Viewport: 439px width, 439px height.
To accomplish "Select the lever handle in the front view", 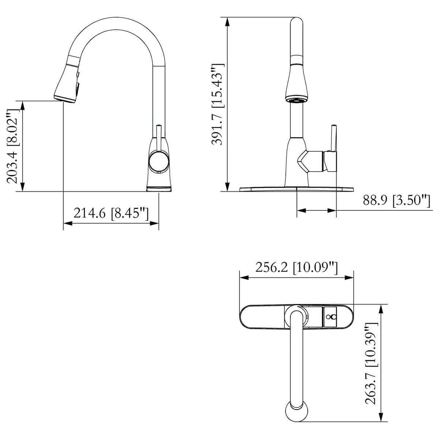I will [x=334, y=138].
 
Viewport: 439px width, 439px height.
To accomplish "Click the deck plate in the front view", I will [x=296, y=189].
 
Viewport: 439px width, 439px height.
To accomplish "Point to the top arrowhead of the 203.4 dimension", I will [x=23, y=105].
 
